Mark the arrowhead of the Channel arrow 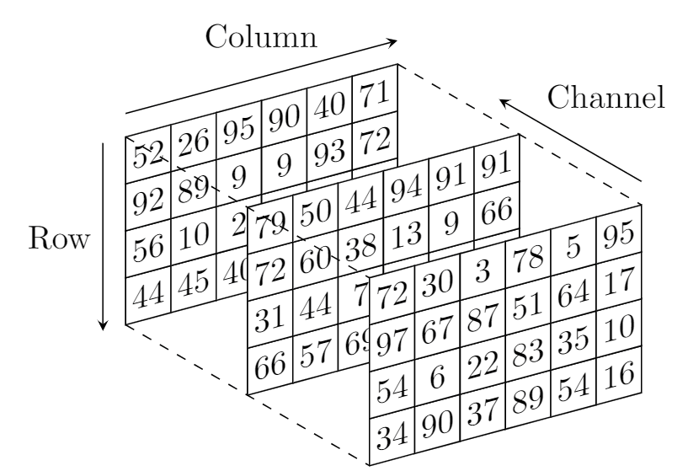click(503, 102)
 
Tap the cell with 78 click(527, 258)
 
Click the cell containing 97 click(391, 342)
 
